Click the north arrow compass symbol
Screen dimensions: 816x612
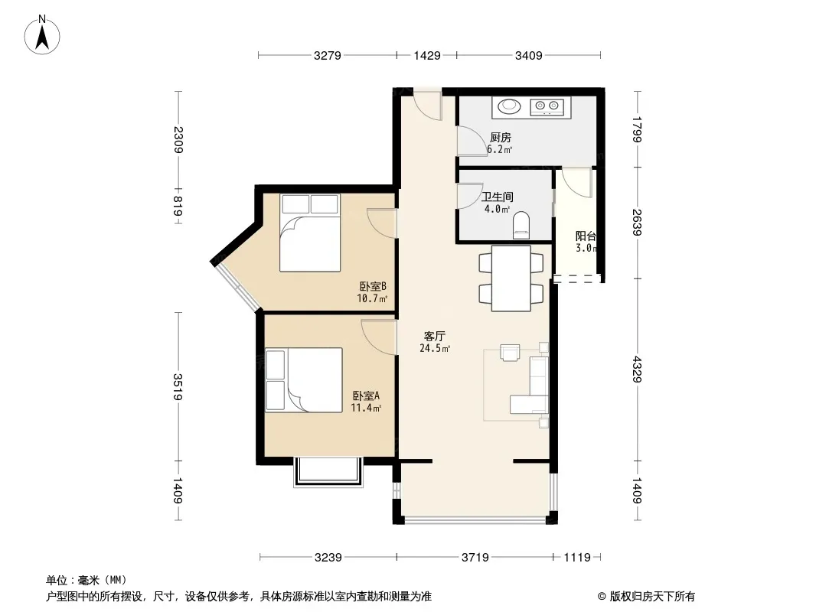pyautogui.click(x=42, y=35)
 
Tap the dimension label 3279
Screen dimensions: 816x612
pyautogui.click(x=328, y=55)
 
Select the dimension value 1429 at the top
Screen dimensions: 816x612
pyautogui.click(x=427, y=55)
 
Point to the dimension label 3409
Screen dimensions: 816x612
pyautogui.click(x=529, y=55)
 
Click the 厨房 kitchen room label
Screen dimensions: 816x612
pyautogui.click(x=500, y=137)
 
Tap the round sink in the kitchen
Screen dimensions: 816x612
pyautogui.click(x=509, y=106)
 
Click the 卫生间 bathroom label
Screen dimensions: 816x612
pyautogui.click(x=497, y=197)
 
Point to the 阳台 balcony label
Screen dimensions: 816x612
pyautogui.click(x=586, y=236)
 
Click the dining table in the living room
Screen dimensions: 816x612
pyautogui.click(x=511, y=278)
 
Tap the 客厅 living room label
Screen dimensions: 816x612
pyautogui.click(x=435, y=336)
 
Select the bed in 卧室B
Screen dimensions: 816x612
pyautogui.click(x=310, y=233)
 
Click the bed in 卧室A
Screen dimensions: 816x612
pyautogui.click(x=304, y=380)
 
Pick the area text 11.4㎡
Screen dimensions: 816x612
pyautogui.click(x=366, y=408)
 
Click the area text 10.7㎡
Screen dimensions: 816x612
pyautogui.click(x=372, y=298)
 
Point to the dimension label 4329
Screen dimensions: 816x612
pyautogui.click(x=636, y=369)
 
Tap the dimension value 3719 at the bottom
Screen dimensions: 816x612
pyautogui.click(x=475, y=558)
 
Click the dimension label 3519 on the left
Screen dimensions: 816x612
pyautogui.click(x=178, y=387)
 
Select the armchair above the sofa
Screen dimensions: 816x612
pyautogui.click(x=510, y=352)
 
